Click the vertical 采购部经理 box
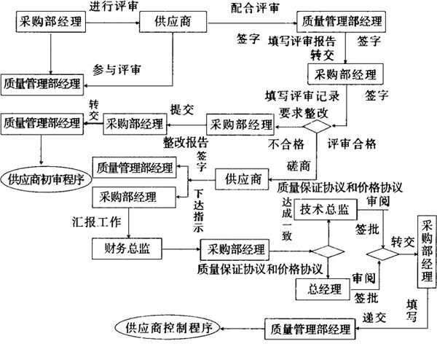pos(425,252)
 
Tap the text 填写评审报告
pos(302,41)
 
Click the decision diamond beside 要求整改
pos(318,125)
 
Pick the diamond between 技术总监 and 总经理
pos(327,251)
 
